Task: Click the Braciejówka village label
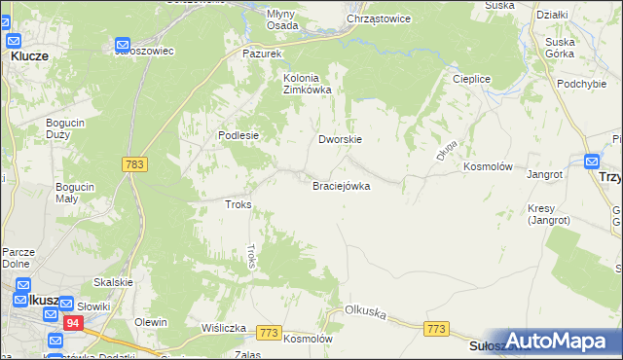[x=340, y=186]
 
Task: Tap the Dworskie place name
[x=341, y=139]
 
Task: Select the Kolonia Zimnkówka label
[x=308, y=84]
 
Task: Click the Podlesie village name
[x=238, y=136]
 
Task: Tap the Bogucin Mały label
[x=74, y=192]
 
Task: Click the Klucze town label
[x=30, y=57]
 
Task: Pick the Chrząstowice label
[x=379, y=18]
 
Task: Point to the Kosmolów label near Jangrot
[x=488, y=166]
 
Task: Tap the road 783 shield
[x=134, y=165]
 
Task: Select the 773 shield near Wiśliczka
[x=270, y=333]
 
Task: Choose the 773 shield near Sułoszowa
[x=436, y=331]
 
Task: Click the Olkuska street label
[x=366, y=312]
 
